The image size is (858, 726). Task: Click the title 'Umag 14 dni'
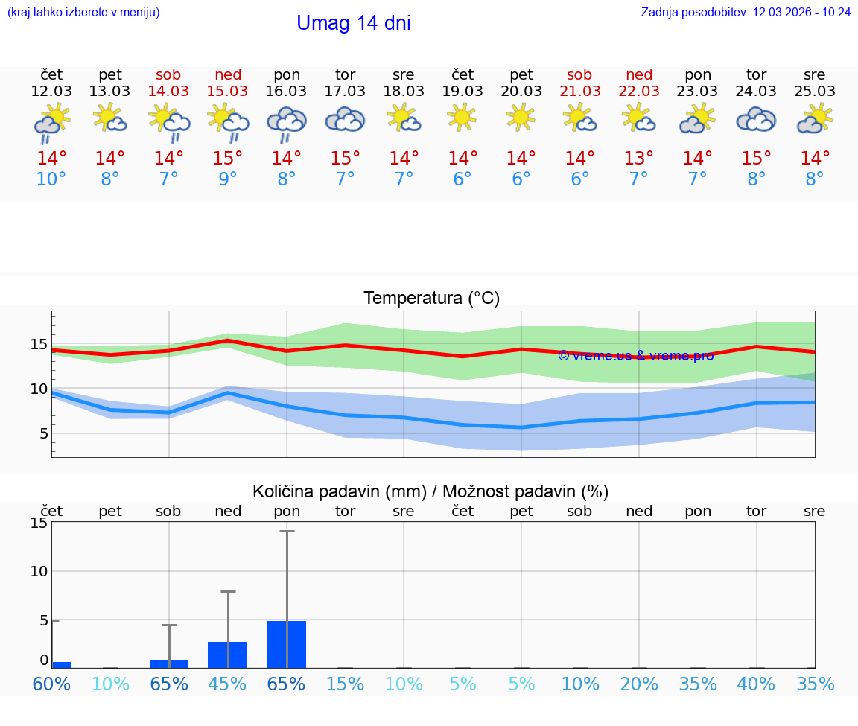click(353, 23)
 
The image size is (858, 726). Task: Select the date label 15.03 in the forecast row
click(227, 91)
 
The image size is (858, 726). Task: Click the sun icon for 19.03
click(462, 117)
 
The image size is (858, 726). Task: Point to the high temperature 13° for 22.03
click(638, 158)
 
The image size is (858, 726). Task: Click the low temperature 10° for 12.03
click(51, 179)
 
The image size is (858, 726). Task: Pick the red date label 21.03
click(579, 91)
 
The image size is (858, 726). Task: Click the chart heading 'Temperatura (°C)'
click(431, 299)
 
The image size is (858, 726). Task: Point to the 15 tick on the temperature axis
click(39, 344)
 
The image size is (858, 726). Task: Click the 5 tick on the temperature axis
click(43, 433)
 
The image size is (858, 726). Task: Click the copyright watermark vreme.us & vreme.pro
click(635, 356)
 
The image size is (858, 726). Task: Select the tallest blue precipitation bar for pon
click(286, 644)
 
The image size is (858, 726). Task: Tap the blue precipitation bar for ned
click(227, 655)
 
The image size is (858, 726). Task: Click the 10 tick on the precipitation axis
click(39, 571)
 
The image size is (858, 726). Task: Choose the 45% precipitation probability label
click(227, 684)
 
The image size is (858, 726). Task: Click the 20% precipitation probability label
click(638, 684)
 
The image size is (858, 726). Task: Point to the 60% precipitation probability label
click(51, 684)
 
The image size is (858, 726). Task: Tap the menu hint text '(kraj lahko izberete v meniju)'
click(83, 13)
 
